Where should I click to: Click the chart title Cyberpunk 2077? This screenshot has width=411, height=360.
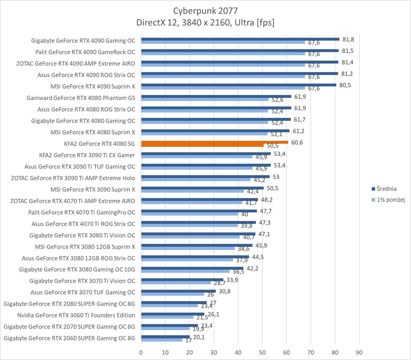[x=205, y=10]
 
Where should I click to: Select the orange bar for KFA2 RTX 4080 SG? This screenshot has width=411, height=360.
[x=214, y=143]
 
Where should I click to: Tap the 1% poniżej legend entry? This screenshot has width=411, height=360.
[x=390, y=200]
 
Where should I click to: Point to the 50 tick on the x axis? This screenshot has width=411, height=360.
[x=262, y=352]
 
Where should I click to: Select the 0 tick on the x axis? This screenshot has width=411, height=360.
[x=141, y=352]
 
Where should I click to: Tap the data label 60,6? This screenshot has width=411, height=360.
[x=297, y=143]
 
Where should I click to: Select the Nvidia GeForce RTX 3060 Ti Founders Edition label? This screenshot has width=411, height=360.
[x=76, y=315]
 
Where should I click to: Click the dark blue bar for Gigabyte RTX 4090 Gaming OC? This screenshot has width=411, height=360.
[x=240, y=39]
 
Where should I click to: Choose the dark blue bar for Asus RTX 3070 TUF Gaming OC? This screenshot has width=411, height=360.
[x=178, y=291]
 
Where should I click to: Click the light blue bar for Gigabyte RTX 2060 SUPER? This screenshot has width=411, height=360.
[x=162, y=340]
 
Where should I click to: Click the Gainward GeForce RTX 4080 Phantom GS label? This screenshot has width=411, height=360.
[x=81, y=98]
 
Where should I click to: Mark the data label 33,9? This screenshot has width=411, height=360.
[x=232, y=279]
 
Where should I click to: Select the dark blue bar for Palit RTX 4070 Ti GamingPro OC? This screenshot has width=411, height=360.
[x=199, y=211]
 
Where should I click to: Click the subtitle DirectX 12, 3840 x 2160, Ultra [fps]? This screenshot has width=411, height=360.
[x=205, y=23]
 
